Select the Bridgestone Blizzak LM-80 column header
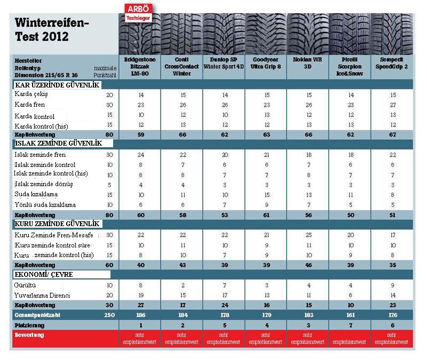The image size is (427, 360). [139, 67]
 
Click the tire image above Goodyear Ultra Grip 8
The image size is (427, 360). [266, 29]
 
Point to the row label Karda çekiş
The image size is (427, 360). [33, 94]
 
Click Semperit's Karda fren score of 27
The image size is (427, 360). [393, 104]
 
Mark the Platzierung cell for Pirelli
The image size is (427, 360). [350, 324]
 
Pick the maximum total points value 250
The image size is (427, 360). [109, 314]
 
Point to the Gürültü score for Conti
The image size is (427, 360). [181, 285]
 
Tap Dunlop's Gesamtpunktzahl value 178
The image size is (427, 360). [224, 314]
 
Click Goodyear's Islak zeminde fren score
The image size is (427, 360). [266, 155]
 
